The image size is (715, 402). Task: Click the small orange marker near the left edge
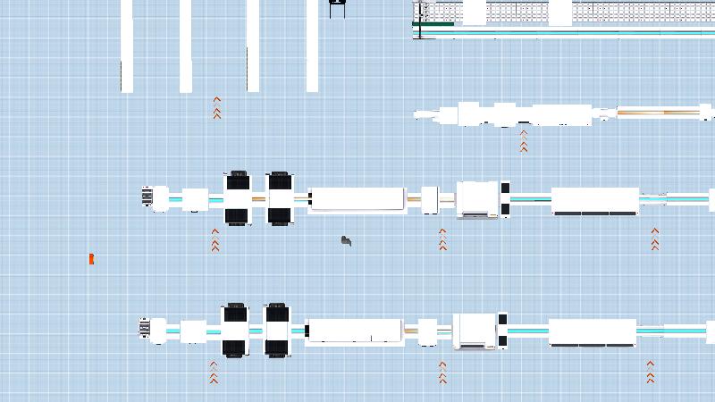click(91, 259)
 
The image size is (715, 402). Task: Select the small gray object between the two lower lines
click(346, 240)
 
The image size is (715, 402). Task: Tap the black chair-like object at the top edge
click(337, 8)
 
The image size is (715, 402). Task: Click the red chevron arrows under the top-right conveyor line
click(524, 141)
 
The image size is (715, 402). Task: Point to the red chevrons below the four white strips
click(216, 108)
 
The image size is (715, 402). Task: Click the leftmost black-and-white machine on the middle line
click(238, 198)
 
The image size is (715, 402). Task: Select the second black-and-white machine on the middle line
click(280, 198)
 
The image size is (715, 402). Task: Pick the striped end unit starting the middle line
click(147, 196)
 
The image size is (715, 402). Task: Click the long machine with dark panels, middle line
click(594, 201)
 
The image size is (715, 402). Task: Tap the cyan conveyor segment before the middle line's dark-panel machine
click(530, 199)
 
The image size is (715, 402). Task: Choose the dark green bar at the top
click(433, 24)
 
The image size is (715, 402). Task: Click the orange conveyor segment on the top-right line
click(658, 113)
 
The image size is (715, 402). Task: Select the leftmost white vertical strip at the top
click(127, 45)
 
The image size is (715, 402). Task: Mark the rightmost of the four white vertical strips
click(312, 45)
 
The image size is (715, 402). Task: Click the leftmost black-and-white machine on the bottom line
click(235, 331)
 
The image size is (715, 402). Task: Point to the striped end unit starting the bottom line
click(145, 328)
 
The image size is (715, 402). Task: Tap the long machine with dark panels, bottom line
click(592, 332)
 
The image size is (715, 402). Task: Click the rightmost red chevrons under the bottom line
click(651, 372)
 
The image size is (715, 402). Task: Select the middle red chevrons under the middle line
click(442, 239)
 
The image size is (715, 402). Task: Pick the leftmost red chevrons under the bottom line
click(214, 372)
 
